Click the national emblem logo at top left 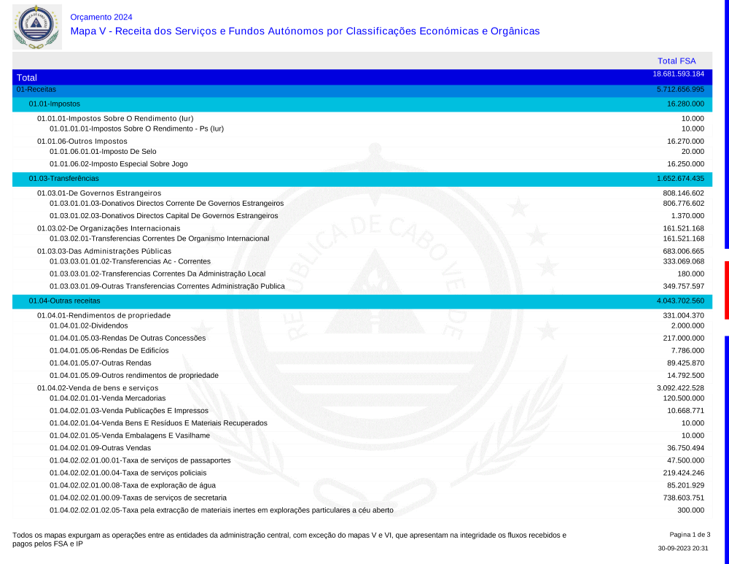coord(36,26)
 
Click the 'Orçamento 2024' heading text coord(101,17)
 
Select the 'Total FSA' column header coord(677,61)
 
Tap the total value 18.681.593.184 coord(678,74)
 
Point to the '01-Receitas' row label coord(36,89)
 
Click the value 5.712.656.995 coord(680,89)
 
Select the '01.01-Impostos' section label coord(54,104)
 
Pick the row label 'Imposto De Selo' coord(103,151)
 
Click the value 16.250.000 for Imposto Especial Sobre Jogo coord(685,163)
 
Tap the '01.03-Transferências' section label coord(63,178)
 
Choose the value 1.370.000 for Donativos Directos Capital coord(687,215)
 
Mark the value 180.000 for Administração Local coord(690,274)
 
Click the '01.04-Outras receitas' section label coord(64,301)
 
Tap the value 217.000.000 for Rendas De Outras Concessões coord(683,338)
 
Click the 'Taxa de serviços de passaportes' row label coord(140,460)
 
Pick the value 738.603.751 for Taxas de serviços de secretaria coord(683,498)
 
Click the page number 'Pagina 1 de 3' coord(690,535)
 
